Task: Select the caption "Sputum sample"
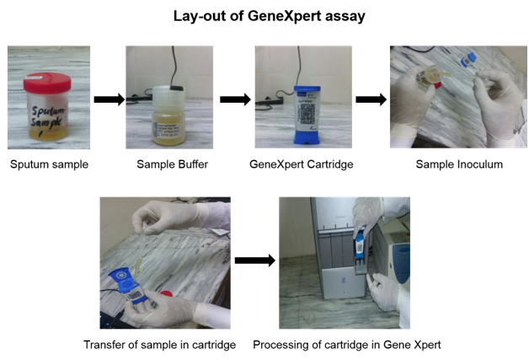[x=49, y=164]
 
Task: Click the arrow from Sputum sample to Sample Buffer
[x=108, y=99]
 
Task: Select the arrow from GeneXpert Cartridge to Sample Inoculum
[x=371, y=99]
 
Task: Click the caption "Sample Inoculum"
[x=459, y=164]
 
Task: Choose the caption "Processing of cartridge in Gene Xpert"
[x=346, y=344]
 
